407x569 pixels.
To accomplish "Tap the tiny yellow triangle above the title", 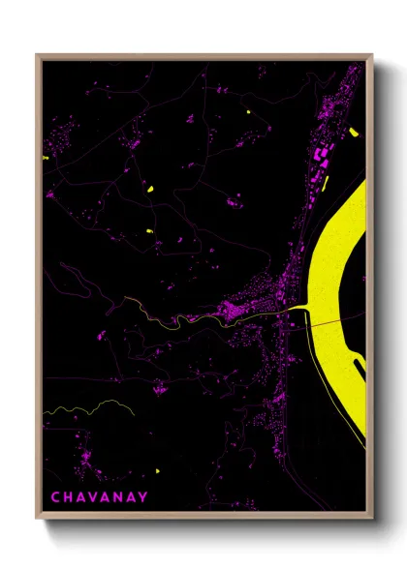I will [x=156, y=471].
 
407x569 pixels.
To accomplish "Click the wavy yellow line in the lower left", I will [x=87, y=407].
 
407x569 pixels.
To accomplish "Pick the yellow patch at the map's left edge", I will [x=45, y=158].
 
